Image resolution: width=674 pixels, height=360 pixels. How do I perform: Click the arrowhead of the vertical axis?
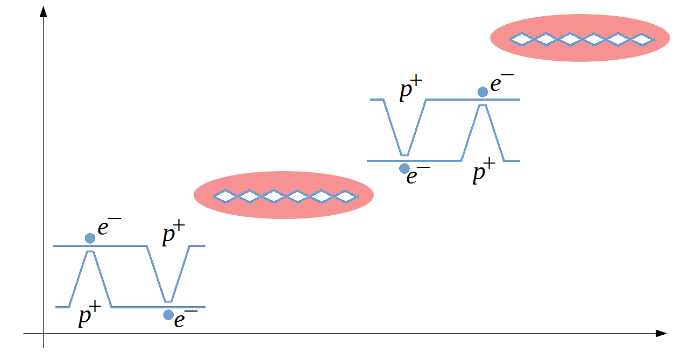(43, 10)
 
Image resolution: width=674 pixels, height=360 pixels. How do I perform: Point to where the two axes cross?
(43, 334)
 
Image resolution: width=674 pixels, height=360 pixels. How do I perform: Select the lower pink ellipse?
(283, 195)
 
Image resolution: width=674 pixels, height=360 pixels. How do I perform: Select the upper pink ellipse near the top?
(580, 38)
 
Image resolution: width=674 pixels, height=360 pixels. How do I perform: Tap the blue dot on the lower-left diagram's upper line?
(90, 238)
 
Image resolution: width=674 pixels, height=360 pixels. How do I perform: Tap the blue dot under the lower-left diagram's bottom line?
(168, 315)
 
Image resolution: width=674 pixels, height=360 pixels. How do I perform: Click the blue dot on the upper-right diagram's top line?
(483, 92)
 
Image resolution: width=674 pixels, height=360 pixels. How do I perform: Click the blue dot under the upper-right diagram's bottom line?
(404, 168)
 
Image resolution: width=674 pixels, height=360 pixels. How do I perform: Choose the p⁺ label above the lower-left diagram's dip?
(173, 236)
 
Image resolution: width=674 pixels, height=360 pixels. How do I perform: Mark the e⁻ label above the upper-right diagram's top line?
(502, 83)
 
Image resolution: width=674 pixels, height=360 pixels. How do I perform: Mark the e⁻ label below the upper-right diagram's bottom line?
(418, 176)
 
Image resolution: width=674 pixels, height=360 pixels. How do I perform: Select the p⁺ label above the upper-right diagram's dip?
(411, 90)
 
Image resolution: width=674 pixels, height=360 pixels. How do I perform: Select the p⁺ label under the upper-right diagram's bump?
(484, 174)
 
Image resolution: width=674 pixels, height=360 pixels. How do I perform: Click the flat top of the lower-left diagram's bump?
(90, 251)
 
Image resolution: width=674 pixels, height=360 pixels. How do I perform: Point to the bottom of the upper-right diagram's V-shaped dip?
(404, 154)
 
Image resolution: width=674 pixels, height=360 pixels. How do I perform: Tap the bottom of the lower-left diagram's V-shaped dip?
(168, 301)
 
